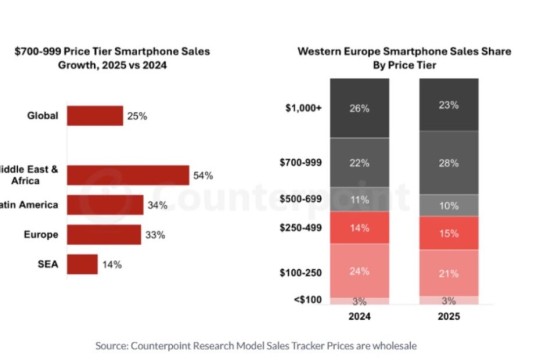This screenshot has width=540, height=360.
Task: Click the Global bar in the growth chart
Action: pyautogui.click(x=95, y=116)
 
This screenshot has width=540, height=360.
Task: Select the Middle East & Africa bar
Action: pyautogui.click(x=128, y=176)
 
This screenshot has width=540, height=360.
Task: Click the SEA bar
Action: pyautogui.click(x=82, y=264)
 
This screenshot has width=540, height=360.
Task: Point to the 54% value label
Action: pyautogui.click(x=204, y=176)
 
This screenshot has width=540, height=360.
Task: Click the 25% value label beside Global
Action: pyautogui.click(x=138, y=116)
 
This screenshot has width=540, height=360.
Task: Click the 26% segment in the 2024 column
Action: pyautogui.click(x=358, y=108)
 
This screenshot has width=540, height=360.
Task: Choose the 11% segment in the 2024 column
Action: pyautogui.click(x=358, y=199)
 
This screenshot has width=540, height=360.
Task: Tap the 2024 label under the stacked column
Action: pyautogui.click(x=358, y=319)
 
